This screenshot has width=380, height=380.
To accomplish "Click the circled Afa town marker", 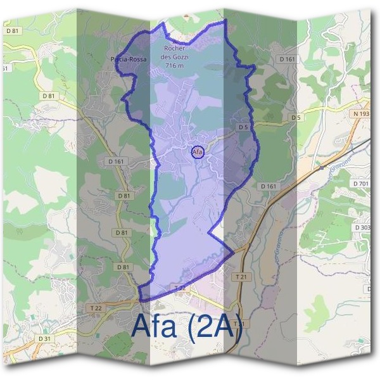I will pyautogui.click(x=197, y=152).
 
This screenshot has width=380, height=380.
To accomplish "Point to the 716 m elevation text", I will pyautogui.click(x=174, y=65).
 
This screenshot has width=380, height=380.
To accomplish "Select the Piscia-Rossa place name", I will pyautogui.click(x=129, y=60).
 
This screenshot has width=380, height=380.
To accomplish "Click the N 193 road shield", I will pyautogui.click(x=361, y=113).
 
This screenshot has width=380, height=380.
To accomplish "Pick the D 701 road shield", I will pyautogui.click(x=360, y=184).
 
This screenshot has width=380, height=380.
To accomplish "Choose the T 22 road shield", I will pyautogui.click(x=96, y=308).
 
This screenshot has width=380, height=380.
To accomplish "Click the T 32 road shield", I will pyautogui.click(x=179, y=288).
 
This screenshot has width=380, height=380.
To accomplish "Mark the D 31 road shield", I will pyautogui.click(x=44, y=339).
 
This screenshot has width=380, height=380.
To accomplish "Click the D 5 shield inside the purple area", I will pyautogui.click(x=243, y=127).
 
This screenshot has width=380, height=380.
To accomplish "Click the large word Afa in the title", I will pyautogui.click(x=155, y=326).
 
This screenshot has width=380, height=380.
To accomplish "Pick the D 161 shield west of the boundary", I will pyautogui.click(x=116, y=162).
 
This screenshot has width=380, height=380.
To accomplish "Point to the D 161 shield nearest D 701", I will pyautogui.click(x=269, y=186).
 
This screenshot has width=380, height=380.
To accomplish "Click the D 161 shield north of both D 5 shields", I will pyautogui.click(x=287, y=60).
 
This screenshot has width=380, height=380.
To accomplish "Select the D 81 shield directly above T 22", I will pyautogui.click(x=123, y=267).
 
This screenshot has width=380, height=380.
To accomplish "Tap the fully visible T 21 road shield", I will pyautogui.click(x=241, y=277).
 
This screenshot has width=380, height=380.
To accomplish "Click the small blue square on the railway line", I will pyautogui.click(x=321, y=168).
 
